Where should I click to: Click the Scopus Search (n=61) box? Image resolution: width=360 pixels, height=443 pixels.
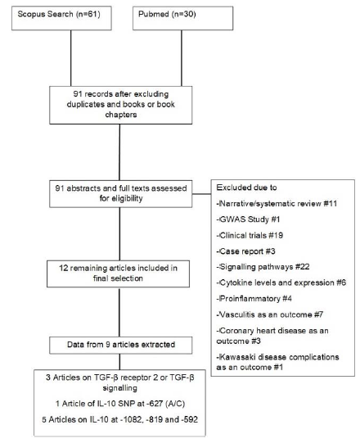point(61,18)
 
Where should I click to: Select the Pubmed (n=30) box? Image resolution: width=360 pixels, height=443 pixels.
point(183,18)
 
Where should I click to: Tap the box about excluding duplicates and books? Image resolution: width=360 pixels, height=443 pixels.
point(121,105)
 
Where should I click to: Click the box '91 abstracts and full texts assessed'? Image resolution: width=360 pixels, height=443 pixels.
point(121,194)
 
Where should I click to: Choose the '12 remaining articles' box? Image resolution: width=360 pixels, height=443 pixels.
point(118,273)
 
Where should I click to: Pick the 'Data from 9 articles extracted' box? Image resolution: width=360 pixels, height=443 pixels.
point(121,345)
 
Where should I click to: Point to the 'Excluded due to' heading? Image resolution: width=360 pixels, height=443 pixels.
point(246,188)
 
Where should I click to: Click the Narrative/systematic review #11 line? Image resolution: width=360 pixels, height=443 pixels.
point(277,204)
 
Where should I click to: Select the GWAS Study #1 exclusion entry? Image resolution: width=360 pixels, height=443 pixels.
point(248,219)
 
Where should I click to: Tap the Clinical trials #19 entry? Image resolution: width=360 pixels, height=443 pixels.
point(250,235)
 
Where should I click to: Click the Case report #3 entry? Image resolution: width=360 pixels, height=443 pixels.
point(245,251)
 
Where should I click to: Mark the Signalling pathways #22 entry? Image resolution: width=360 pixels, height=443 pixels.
point(263,267)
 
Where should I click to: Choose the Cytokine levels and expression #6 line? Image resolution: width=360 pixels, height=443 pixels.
point(281,283)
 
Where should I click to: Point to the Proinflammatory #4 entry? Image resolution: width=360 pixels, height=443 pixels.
point(254,299)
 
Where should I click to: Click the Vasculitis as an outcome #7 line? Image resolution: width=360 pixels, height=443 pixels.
point(270,314)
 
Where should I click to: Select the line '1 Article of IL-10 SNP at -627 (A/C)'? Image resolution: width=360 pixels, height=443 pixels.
point(120,404)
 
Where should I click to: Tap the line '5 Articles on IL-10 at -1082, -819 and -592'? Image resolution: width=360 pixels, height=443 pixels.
point(120,419)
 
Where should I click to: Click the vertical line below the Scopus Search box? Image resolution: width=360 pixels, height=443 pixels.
point(71,58)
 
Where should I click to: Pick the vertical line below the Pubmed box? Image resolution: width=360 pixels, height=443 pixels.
point(182,58)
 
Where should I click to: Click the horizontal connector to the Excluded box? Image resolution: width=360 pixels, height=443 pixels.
point(201,194)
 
